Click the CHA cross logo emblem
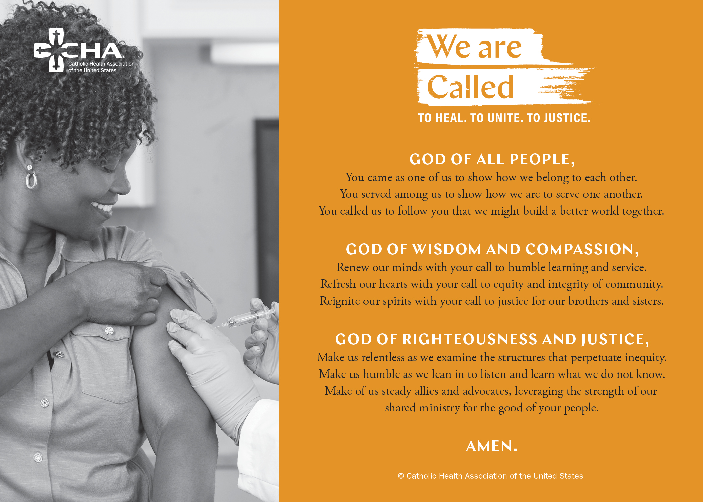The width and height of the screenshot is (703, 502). point(54,50)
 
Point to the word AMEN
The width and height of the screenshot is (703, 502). point(491,446)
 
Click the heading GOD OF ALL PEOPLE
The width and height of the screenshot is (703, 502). point(492,159)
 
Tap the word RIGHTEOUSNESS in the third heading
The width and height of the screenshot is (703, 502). point(470,339)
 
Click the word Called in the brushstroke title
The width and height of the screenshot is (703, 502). point(470,87)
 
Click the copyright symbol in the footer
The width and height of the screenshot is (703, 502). point(401,476)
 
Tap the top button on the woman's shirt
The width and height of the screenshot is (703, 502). point(109,331)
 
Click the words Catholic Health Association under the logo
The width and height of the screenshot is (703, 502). point(101,64)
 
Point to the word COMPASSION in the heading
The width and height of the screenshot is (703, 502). point(582,249)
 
